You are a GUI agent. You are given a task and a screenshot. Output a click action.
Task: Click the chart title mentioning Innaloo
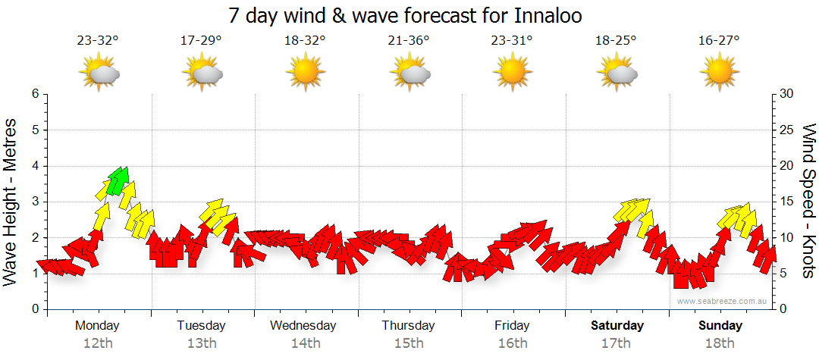click(x=410, y=15)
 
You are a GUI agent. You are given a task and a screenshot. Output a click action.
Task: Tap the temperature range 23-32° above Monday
click(x=98, y=41)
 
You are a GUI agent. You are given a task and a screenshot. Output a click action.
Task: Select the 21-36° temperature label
click(x=409, y=41)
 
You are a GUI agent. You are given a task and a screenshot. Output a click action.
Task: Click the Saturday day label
click(x=617, y=326)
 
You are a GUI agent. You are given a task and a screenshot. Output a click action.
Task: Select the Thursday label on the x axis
click(x=408, y=326)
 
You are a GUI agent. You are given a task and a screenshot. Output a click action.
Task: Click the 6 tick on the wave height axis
click(x=35, y=94)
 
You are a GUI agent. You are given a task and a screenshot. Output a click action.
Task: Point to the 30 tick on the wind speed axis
click(x=786, y=94)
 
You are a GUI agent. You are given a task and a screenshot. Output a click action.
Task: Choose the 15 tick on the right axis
click(x=786, y=202)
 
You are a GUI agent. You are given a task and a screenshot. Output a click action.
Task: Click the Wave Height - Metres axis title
click(x=11, y=201)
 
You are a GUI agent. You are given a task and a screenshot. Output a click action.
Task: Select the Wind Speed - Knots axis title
click(x=808, y=201)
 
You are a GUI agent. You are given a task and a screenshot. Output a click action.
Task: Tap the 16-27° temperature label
click(x=720, y=41)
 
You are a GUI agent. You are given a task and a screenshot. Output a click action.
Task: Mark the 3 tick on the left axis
click(x=35, y=202)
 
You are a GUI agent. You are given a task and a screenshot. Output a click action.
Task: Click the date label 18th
click(x=720, y=343)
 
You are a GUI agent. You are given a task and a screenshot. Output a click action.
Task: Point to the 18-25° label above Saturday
click(x=616, y=41)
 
